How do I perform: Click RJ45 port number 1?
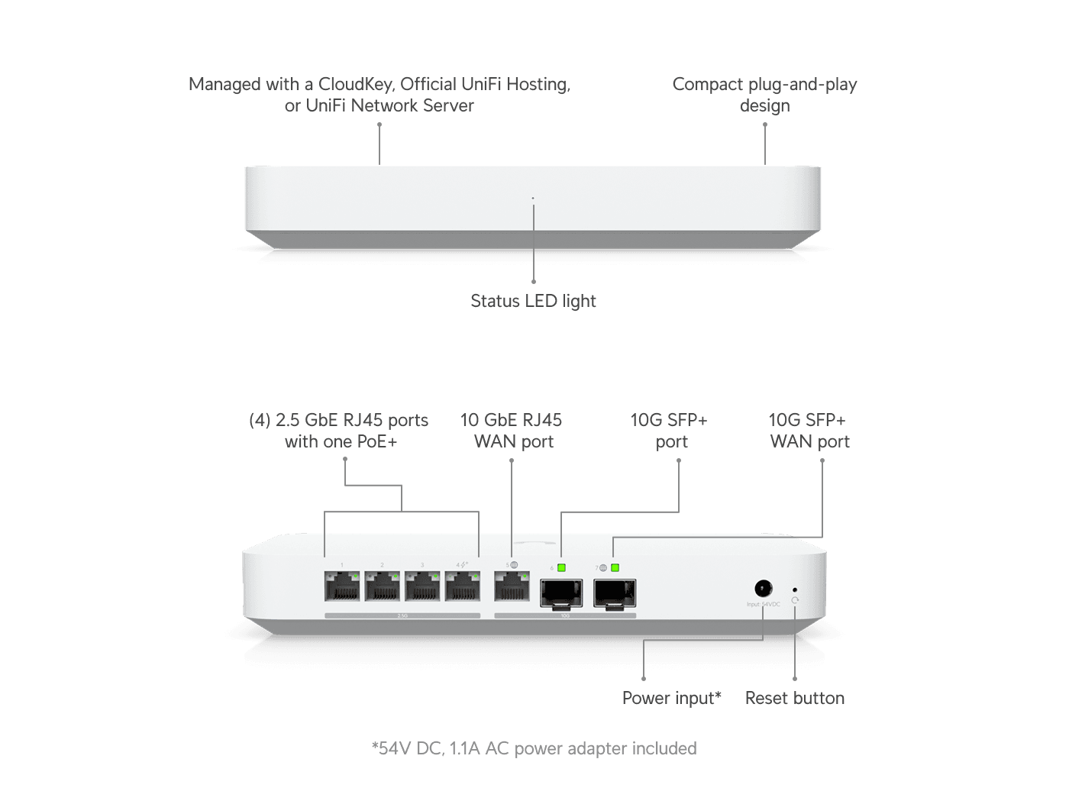[342, 588]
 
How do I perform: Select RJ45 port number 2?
[382, 588]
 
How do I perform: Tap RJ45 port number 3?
[422, 588]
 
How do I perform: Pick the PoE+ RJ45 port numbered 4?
[463, 588]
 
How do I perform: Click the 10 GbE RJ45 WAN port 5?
[512, 588]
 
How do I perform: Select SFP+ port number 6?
[561, 593]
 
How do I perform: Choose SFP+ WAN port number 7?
[615, 593]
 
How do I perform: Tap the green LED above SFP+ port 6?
[561, 567]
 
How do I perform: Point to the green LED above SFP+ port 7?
[615, 567]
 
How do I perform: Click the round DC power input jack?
[763, 589]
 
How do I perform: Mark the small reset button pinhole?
[795, 589]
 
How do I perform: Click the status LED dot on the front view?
[533, 199]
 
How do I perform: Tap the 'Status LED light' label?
[533, 301]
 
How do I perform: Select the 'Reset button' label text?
[795, 698]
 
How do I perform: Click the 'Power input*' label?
[671, 698]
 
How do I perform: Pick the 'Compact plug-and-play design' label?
[764, 95]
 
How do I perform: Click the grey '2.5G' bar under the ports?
[402, 615]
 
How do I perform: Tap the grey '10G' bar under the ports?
[565, 615]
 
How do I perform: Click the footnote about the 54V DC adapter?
[534, 748]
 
